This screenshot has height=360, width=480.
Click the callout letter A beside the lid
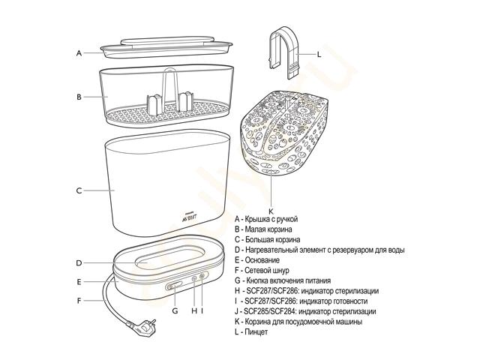pyautogui.click(x=79, y=53)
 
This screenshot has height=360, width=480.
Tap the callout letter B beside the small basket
pyautogui.click(x=79, y=97)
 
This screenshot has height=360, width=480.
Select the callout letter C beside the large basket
pyautogui.click(x=79, y=190)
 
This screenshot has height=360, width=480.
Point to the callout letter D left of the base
pyautogui.click(x=79, y=263)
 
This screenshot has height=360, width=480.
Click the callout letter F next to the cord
pyautogui.click(x=79, y=301)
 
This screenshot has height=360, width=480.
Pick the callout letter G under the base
pyautogui.click(x=175, y=311)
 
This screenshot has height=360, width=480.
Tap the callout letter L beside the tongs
pyautogui.click(x=319, y=55)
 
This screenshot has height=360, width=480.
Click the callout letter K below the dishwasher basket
pyautogui.click(x=271, y=211)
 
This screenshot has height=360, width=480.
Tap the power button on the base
pyautogui.click(x=175, y=286)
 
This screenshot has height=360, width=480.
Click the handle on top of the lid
pyautogui.click(x=167, y=42)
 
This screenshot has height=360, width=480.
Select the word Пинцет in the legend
pyautogui.click(x=256, y=331)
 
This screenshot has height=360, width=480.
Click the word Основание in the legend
pyautogui.click(x=262, y=260)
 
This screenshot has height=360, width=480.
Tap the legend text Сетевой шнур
pyautogui.click(x=267, y=270)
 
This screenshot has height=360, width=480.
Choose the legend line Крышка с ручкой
pyautogui.click(x=271, y=219)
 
